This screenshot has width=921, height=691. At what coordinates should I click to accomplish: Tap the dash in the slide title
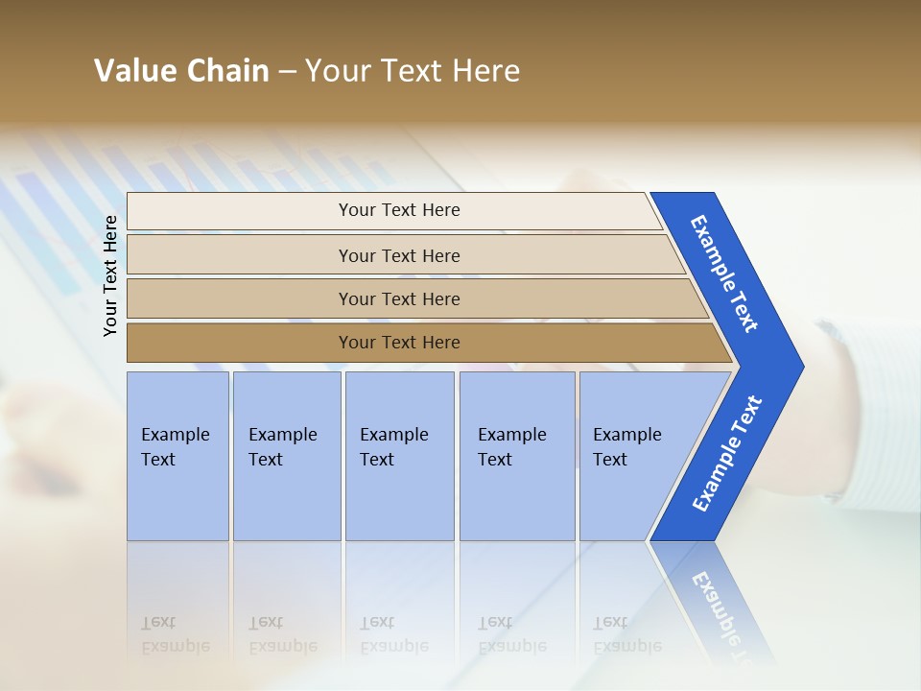pos(287,72)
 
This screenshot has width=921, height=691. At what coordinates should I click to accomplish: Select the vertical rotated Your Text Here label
pos(110,275)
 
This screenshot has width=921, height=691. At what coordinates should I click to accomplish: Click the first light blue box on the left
pos(177,456)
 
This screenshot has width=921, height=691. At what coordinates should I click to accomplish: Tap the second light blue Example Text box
pos(286,456)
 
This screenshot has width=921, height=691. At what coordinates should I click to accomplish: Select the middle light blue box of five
pos(399,456)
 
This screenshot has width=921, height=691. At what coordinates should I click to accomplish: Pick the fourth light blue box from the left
pos(517,456)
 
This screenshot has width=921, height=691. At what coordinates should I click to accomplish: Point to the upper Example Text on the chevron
pos(724,274)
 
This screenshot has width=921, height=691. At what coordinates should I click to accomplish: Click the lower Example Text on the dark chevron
pos(726,454)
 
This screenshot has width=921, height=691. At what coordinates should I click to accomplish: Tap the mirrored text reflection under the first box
pos(175,634)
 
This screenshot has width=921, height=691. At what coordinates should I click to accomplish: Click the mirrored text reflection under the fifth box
pos(626,634)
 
